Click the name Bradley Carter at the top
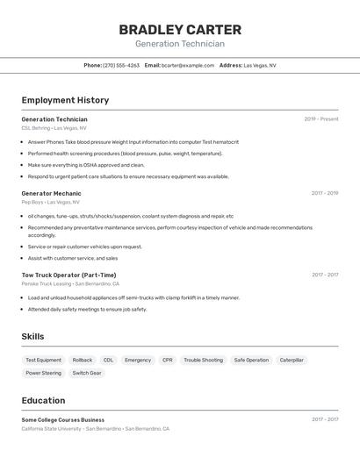[179, 29]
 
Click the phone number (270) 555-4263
[121, 65]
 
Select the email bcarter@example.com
[188, 65]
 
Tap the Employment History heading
[65, 100]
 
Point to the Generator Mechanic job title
[51, 193]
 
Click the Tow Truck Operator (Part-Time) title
[68, 275]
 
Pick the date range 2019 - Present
[320, 119]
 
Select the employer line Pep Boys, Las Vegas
[50, 202]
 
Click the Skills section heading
[32, 336]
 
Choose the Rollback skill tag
[83, 360]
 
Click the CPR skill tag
[168, 360]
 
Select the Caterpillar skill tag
[292, 360]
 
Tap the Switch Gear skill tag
[87, 373]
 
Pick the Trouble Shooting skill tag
[203, 360]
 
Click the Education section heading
[45, 400]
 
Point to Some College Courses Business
[62, 419]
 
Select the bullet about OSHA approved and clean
[86, 165]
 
